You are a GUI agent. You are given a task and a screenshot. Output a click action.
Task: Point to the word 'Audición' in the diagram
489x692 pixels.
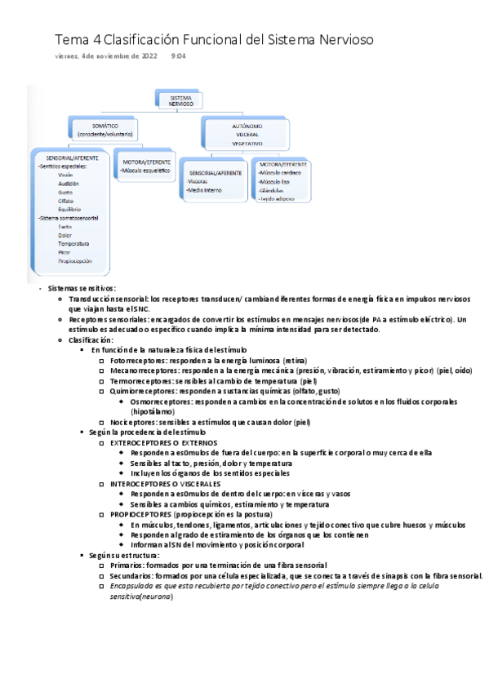pyautogui.click(x=69, y=184)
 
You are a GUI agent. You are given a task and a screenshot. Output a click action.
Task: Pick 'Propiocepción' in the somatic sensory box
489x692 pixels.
pyautogui.click(x=75, y=261)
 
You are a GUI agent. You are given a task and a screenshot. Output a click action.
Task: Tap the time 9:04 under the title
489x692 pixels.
pyautogui.click(x=178, y=56)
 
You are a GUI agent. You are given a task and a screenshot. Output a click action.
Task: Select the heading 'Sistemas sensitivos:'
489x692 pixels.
pyautogui.click(x=82, y=288)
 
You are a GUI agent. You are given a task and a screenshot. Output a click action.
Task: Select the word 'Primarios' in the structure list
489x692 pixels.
pyautogui.click(x=127, y=565)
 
